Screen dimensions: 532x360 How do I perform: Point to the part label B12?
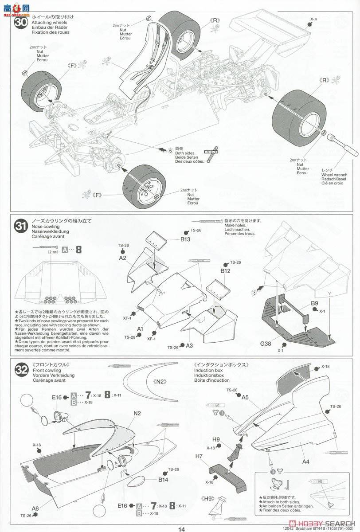pyautogui.click(x=226, y=270)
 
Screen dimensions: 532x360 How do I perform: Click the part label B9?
pyautogui.click(x=314, y=304)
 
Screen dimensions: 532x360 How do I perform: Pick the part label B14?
pyautogui.click(x=164, y=479)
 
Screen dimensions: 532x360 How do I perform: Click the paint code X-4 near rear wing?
pyautogui.click(x=313, y=19)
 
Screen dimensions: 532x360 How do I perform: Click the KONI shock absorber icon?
pyautogui.click(x=212, y=152)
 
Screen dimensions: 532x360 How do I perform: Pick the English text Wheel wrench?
pyautogui.click(x=334, y=176)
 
